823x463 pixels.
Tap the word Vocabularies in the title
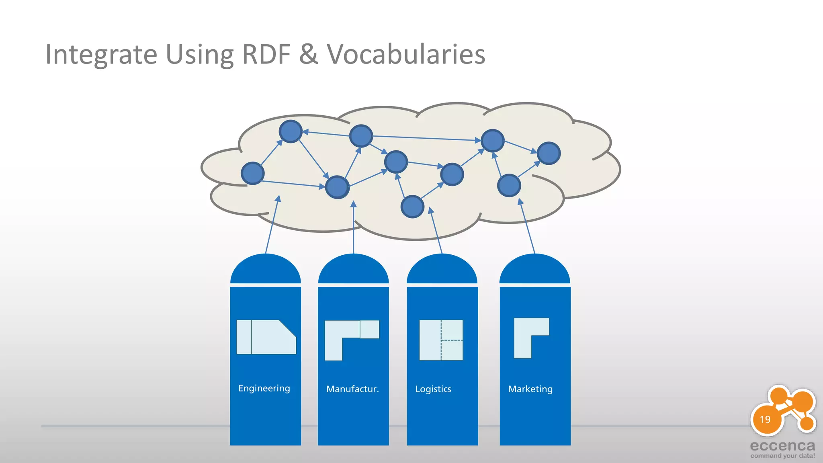406,54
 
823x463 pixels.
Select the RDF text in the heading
266,54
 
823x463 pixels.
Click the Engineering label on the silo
264,388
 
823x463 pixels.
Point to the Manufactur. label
352,389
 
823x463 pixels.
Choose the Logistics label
433,389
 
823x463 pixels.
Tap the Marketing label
530,389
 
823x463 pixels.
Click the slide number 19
765,420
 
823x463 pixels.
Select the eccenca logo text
782,446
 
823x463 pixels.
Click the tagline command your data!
782,456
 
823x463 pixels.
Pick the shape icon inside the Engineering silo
266,337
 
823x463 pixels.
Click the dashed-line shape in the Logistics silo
441,340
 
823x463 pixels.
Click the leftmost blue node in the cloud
252,173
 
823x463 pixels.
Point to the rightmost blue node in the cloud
549,153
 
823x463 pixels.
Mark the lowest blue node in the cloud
412,207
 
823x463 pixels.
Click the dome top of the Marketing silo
534,269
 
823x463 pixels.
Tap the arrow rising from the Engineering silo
272,225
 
